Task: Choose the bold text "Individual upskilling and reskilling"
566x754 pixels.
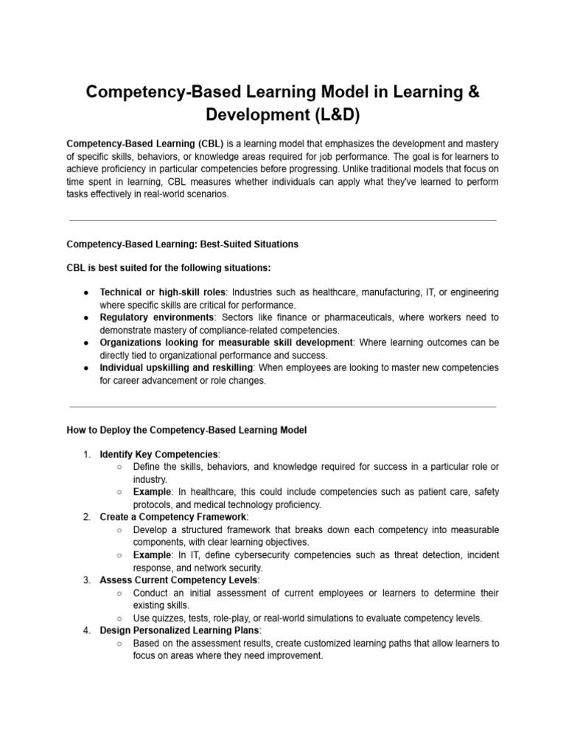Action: coord(177,367)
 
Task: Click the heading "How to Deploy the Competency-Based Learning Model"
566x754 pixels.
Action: coord(186,429)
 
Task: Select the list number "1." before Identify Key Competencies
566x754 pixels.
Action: coord(86,454)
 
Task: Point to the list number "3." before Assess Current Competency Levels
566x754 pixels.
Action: coord(86,580)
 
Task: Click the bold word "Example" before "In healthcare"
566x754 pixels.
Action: coord(152,492)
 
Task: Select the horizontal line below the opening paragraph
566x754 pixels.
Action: coord(282,220)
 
